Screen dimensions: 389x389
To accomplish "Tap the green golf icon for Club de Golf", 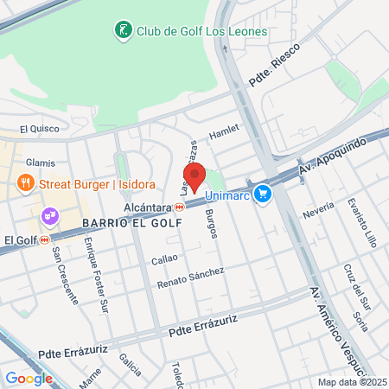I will pos(124,31).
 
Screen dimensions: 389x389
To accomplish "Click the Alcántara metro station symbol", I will pos(180,207).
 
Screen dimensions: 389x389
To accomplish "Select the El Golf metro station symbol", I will pos(43,240).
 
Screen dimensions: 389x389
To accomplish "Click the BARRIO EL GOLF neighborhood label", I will pos(132,222).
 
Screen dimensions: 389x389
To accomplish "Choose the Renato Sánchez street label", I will pos(190,277).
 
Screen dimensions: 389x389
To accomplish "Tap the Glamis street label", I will pos(41,163).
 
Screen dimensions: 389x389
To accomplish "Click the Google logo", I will pos(29,378).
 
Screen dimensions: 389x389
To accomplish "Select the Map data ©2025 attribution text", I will pos(353,382).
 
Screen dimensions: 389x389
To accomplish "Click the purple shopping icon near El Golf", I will pos(49,214).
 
